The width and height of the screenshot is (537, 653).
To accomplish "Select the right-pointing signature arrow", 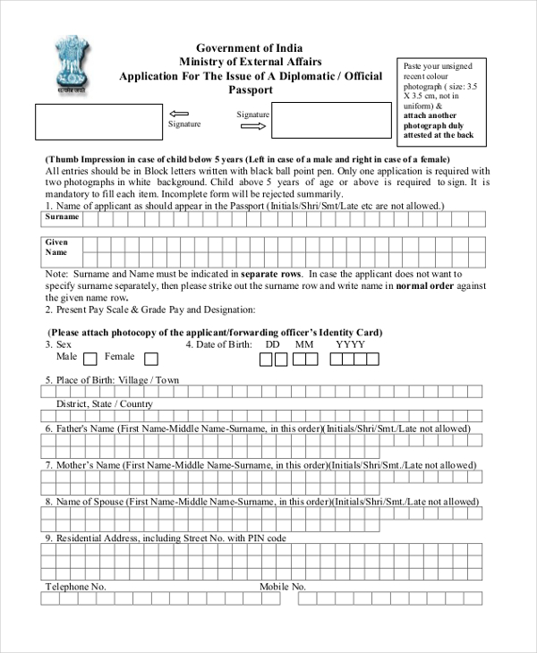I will (x=254, y=127).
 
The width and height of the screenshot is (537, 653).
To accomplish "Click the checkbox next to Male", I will (x=90, y=360).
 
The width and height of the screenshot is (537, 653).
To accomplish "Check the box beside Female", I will (x=151, y=360).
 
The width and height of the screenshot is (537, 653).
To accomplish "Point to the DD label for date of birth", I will (x=273, y=344).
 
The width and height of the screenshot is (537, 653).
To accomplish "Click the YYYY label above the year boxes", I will (x=351, y=344).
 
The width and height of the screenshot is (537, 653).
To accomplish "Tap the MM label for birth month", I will (x=304, y=344).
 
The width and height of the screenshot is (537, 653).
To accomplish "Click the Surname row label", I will (x=63, y=217).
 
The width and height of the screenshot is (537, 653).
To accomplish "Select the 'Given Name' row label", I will (x=57, y=248).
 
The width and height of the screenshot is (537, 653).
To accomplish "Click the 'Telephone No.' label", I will (x=76, y=587).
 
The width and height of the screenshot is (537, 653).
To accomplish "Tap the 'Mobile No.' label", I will (x=283, y=587).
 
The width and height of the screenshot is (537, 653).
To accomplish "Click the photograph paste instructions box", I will (x=439, y=101).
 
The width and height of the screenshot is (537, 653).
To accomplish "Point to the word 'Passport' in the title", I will (x=250, y=90).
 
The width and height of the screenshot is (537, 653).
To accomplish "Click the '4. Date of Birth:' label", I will (x=218, y=344).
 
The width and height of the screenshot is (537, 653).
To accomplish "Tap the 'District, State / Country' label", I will (x=105, y=404).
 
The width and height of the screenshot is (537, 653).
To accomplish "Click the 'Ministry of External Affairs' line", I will (x=249, y=62).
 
